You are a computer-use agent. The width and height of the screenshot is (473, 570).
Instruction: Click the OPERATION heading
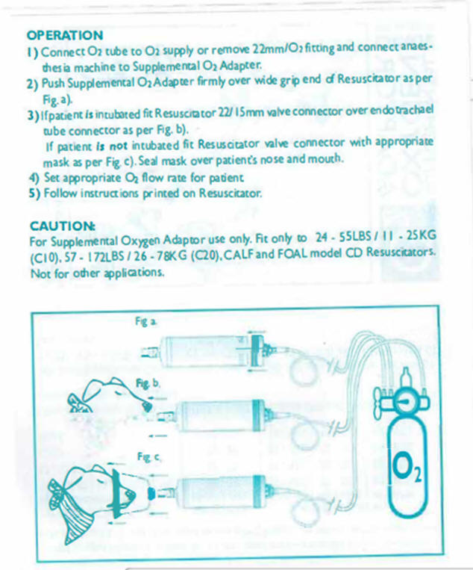tap(65, 35)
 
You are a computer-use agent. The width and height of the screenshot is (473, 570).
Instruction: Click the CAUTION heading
tap(63, 226)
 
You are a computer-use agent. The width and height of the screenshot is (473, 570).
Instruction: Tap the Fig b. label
tap(148, 383)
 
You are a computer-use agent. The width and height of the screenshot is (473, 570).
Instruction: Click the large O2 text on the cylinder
tap(407, 466)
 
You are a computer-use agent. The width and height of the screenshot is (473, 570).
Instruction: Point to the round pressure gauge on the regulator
tap(405, 402)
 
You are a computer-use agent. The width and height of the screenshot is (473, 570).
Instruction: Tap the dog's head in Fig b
tap(110, 396)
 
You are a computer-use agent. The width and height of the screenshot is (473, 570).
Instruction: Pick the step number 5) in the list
tap(34, 193)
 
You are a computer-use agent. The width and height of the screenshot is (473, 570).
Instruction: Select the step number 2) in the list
tap(33, 84)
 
